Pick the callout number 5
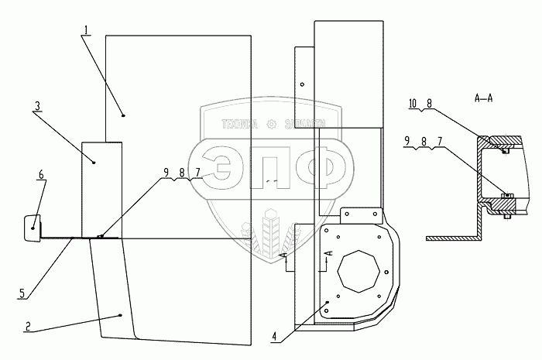(x=22, y=292)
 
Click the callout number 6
(x=40, y=174)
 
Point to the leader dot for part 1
(x=123, y=115)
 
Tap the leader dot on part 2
(x=121, y=315)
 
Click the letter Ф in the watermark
(x=316, y=169)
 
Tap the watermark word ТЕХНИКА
(x=240, y=123)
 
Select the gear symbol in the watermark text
(x=271, y=123)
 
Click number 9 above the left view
(x=165, y=173)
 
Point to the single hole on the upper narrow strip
(x=304, y=84)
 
